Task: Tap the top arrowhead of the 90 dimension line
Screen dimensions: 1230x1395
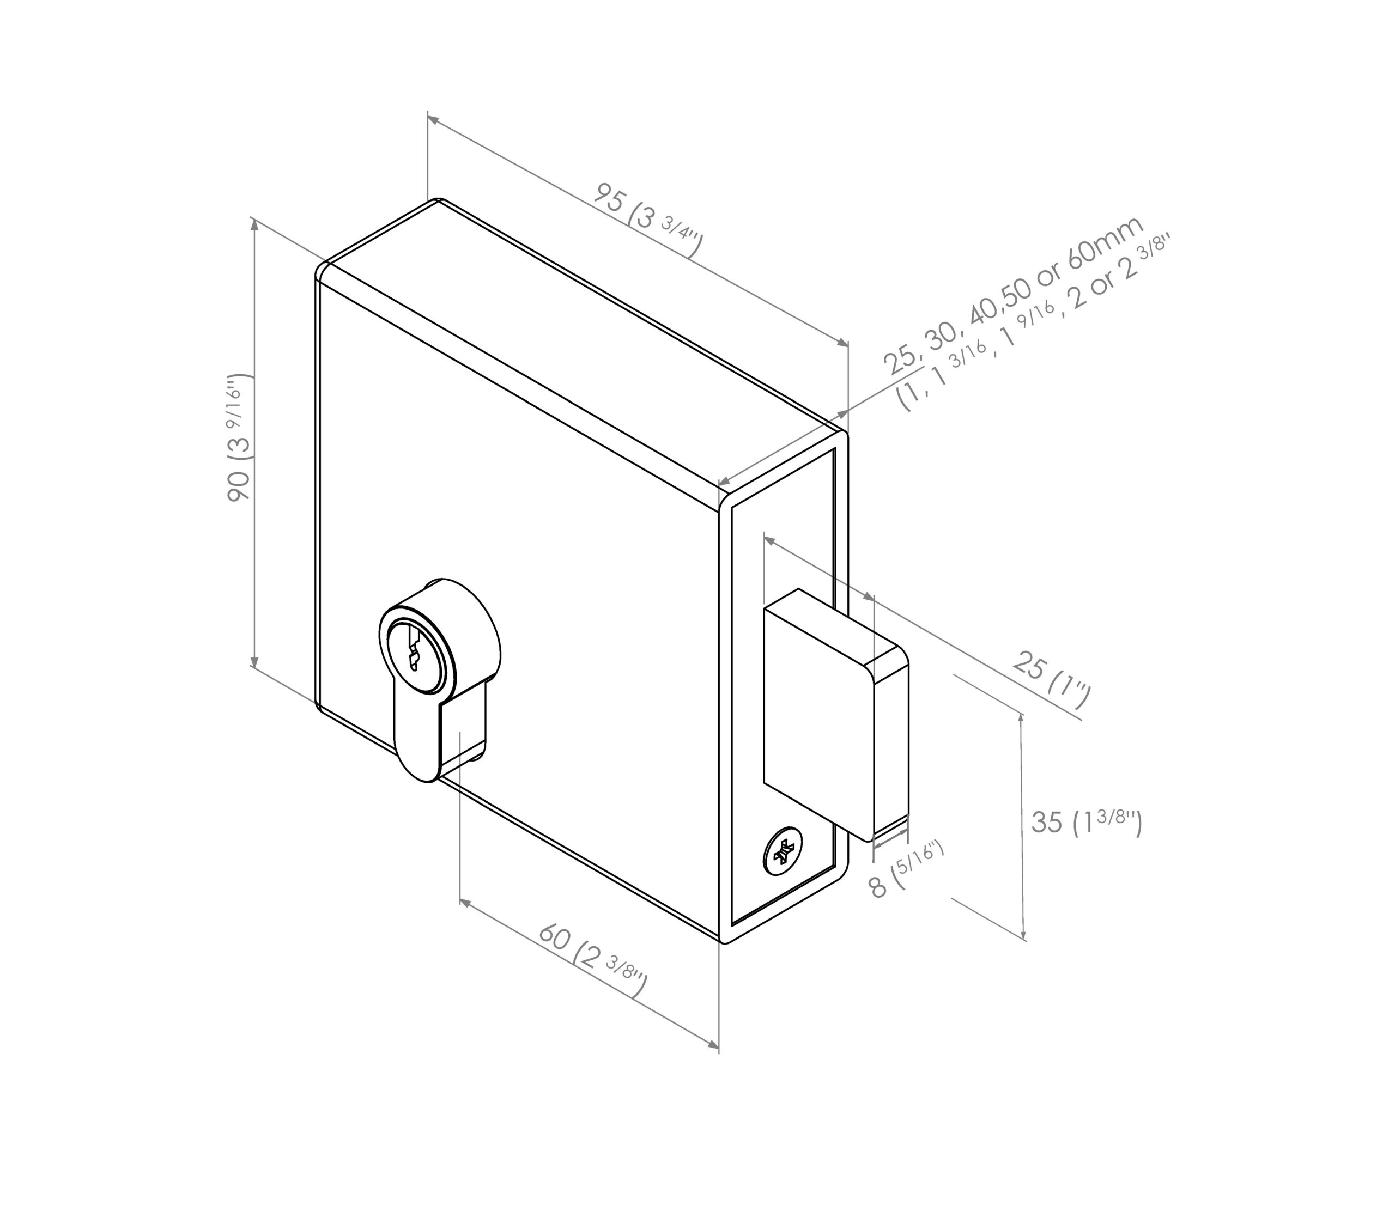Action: coord(255,225)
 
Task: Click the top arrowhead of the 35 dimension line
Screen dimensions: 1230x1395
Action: coord(1022,716)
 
